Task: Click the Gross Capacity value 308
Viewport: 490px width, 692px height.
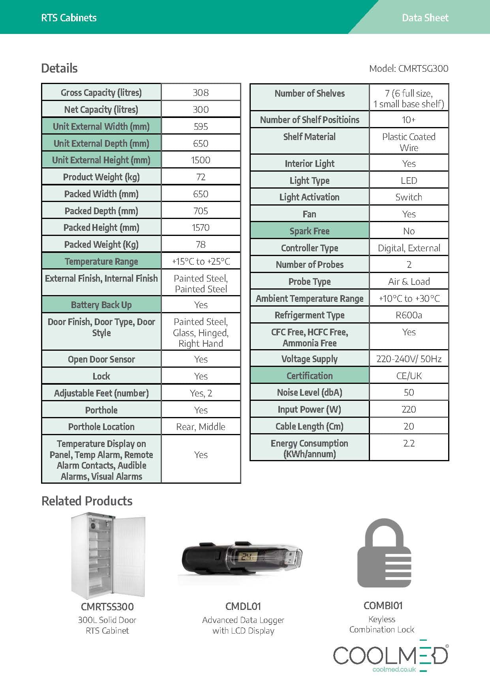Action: (201, 93)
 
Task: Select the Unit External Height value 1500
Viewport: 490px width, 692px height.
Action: (201, 160)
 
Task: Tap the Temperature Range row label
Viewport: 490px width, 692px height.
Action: (101, 262)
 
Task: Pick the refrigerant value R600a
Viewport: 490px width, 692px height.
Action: (409, 315)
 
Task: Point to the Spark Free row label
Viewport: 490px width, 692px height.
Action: (310, 231)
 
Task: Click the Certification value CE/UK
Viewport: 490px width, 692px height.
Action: (409, 376)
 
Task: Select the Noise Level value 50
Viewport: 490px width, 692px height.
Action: (409, 393)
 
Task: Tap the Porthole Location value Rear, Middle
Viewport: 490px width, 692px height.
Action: (201, 427)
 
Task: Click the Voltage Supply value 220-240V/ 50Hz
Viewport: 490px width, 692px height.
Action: (409, 359)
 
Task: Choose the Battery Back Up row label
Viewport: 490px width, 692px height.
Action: (101, 305)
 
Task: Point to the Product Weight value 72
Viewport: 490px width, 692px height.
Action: (201, 177)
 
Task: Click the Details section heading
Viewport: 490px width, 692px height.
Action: (60, 68)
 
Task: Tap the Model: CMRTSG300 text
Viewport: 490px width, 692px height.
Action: (409, 69)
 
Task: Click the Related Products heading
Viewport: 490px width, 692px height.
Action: (87, 501)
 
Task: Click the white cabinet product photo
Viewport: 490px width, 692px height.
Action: (108, 555)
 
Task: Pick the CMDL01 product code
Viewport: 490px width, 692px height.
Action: (243, 606)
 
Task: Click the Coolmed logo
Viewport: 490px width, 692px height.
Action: (390, 656)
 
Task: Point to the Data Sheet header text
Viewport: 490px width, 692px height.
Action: (425, 18)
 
